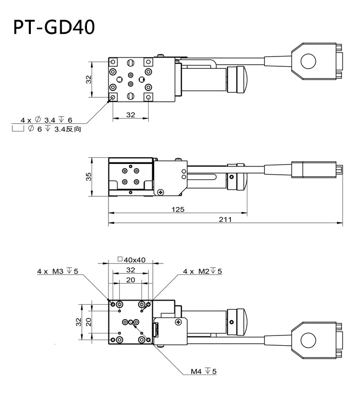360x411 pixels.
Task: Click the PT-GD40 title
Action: (x=54, y=27)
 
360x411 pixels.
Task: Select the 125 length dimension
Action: (x=178, y=209)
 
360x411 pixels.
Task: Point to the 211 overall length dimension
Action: (x=225, y=219)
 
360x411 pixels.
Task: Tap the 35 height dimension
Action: (x=88, y=176)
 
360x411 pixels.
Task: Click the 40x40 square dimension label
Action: (x=129, y=260)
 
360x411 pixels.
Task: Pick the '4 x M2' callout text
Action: (x=203, y=271)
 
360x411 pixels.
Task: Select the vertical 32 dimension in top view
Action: (x=88, y=79)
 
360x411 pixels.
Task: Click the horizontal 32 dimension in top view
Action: (x=130, y=115)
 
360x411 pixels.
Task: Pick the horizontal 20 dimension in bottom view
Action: (x=130, y=279)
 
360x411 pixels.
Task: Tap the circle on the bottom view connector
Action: (x=308, y=340)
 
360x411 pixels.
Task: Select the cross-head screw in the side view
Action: (x=162, y=192)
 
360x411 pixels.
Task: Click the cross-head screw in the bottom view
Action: (x=177, y=322)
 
